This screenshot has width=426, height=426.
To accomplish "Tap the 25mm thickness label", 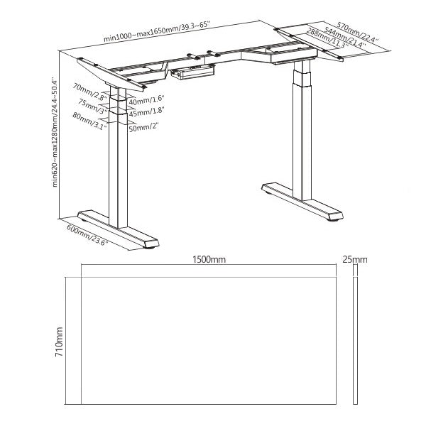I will [355, 261].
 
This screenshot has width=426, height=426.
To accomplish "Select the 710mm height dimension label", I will [60, 341].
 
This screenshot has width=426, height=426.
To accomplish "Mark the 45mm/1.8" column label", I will [147, 111].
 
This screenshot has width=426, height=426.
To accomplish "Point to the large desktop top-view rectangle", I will [209, 341].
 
